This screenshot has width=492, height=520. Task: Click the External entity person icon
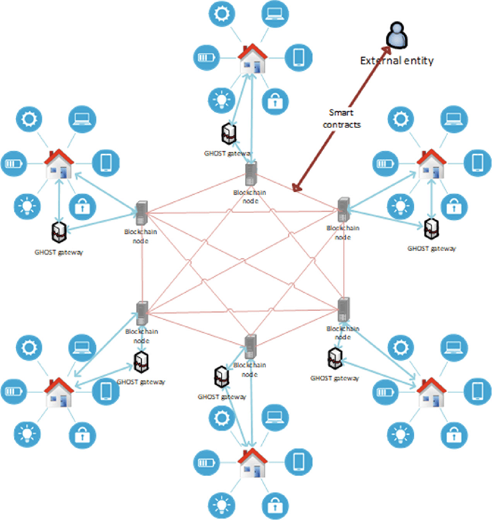tap(396, 36)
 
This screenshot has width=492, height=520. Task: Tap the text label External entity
tap(396, 60)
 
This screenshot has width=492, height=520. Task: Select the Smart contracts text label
tap(346, 118)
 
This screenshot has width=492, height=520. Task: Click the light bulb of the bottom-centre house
tap(220, 505)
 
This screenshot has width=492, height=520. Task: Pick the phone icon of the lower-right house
tap(479, 390)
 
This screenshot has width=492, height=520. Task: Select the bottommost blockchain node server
tap(249, 348)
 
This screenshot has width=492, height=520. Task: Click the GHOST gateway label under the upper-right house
tap(431, 248)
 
